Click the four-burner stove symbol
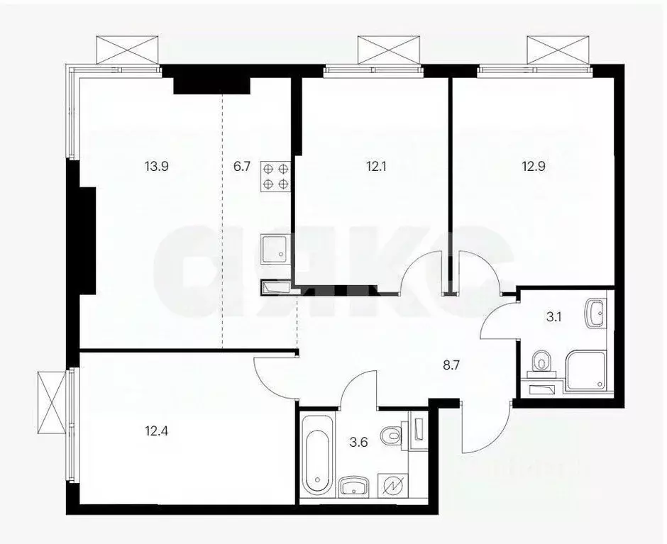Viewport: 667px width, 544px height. point(276,175)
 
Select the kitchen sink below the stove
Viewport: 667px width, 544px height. point(275,248)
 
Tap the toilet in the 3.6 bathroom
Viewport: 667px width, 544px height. point(390,434)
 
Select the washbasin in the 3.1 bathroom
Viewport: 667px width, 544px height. point(597,311)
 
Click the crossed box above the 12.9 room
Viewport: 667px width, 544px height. point(551,50)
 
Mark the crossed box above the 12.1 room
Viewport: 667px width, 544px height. point(380,50)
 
